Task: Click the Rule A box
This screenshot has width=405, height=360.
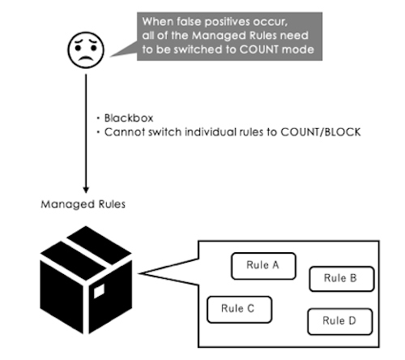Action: coord(263,266)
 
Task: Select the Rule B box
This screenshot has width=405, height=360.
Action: coord(342,279)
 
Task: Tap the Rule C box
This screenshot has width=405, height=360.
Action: coord(240,310)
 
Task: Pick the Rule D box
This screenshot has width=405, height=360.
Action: coord(340,321)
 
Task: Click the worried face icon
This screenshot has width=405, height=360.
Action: coord(86,49)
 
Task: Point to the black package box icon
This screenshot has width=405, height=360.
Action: coord(86,280)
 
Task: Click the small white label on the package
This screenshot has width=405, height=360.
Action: coord(99,291)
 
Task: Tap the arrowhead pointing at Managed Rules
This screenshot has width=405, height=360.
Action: coord(86,190)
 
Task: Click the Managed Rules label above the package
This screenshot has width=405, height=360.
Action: coord(83,204)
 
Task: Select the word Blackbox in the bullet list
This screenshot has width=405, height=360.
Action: coord(129,118)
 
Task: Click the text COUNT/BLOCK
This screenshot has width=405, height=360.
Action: coord(321,132)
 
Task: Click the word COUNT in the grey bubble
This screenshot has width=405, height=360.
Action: coord(258,49)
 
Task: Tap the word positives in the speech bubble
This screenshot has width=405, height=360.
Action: coord(228,22)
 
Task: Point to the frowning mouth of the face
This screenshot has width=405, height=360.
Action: coord(86,58)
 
